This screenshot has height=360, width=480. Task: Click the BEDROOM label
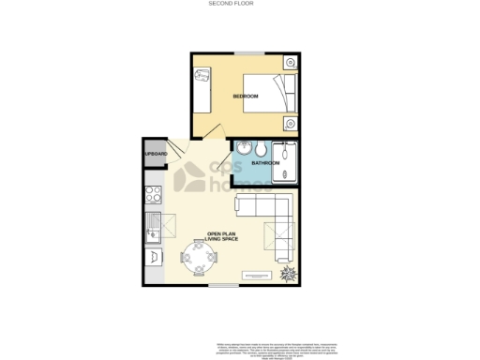[x=219, y=97]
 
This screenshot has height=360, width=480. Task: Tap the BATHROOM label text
[x=265, y=165]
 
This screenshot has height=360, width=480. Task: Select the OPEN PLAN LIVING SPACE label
[x=223, y=238]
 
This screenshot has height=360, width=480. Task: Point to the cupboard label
[x=156, y=154]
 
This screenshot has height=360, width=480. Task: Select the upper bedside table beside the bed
[x=291, y=64]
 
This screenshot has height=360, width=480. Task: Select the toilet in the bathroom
[x=259, y=149]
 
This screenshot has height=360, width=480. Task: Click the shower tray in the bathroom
[x=285, y=161]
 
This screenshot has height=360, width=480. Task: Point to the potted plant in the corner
[x=287, y=272]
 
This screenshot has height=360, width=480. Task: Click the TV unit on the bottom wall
[x=254, y=277]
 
